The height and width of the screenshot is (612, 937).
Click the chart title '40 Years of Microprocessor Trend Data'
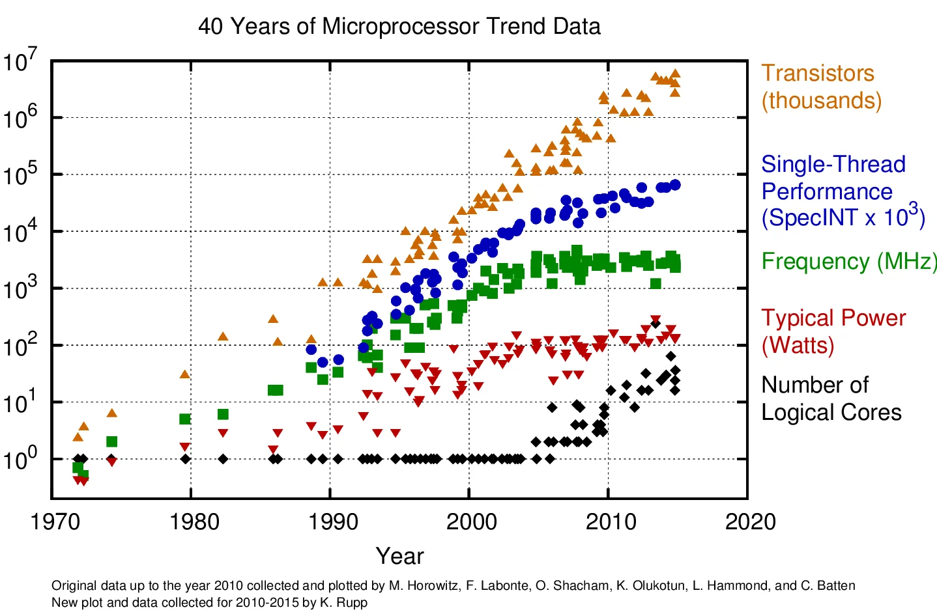399,27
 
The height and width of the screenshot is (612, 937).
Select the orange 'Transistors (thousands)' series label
820,87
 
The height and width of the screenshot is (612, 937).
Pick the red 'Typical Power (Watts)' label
833,331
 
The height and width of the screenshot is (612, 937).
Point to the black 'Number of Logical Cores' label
831,398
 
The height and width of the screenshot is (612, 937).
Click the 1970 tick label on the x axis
56,522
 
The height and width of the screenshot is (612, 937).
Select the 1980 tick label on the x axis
194,522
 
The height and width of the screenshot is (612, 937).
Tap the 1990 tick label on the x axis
333,522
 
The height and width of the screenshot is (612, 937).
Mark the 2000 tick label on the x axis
472,522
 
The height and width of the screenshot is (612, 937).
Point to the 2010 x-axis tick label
611,522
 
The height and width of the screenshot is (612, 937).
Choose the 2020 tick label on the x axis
750,522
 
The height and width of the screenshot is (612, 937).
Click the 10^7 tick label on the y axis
21,62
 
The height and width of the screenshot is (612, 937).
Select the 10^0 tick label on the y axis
21,459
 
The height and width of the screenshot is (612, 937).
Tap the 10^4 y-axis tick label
21,232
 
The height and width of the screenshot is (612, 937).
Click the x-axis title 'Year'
399,556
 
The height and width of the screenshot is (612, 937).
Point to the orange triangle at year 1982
223,337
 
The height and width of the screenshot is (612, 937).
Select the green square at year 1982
223,414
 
